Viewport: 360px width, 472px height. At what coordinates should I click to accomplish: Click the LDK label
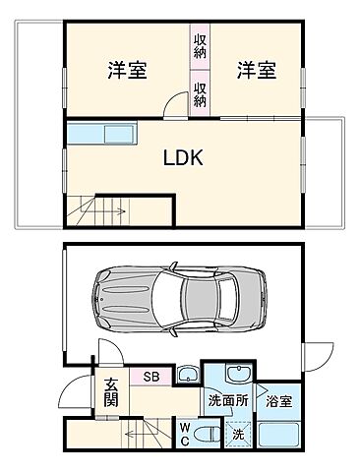click(x=183, y=157)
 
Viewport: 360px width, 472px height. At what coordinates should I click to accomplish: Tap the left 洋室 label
click(x=127, y=71)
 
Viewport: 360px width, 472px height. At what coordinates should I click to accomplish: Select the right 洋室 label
click(x=256, y=71)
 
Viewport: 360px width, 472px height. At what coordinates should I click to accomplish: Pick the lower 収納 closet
click(x=200, y=94)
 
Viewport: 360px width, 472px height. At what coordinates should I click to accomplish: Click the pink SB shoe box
click(x=151, y=375)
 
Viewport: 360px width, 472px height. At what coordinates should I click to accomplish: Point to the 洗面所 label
click(x=226, y=401)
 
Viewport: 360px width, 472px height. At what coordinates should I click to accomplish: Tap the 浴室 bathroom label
click(x=278, y=401)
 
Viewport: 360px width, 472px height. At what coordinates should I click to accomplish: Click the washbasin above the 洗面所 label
click(x=236, y=375)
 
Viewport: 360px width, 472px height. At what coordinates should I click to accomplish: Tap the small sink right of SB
click(x=188, y=374)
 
